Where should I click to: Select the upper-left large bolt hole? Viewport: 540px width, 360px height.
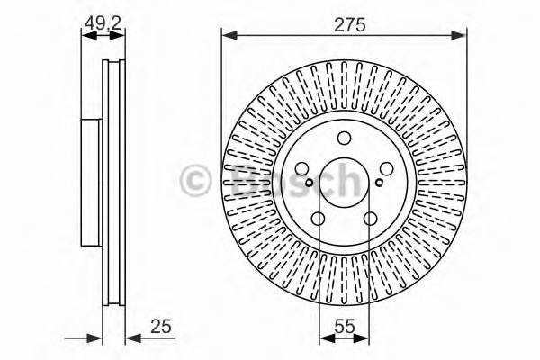(x=301, y=169)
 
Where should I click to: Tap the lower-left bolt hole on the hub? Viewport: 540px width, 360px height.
(x=318, y=219)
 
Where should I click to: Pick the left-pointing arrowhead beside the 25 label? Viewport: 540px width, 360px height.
(x=130, y=338)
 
